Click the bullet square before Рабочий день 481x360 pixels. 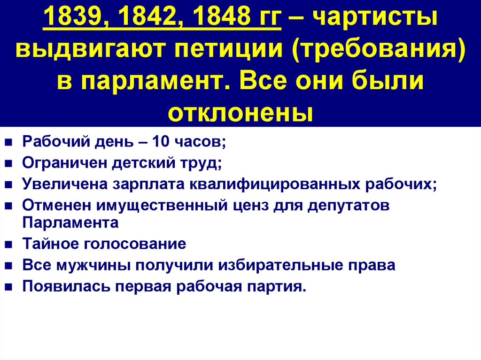(9, 142)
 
